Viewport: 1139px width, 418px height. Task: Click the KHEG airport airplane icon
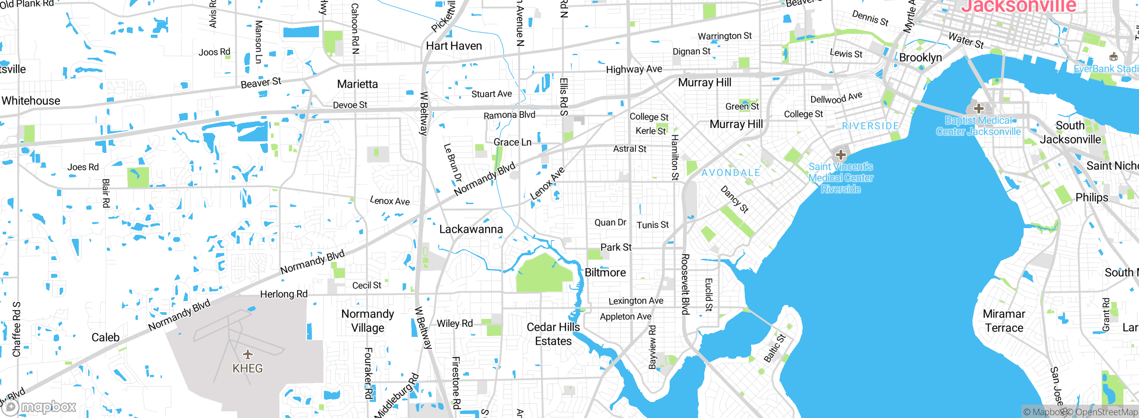pyautogui.click(x=248, y=354)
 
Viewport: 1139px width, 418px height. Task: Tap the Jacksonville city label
pyautogui.click(x=1018, y=6)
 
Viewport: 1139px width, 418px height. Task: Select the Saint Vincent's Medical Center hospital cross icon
pyautogui.click(x=840, y=155)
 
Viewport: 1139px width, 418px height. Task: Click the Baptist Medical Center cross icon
pyautogui.click(x=978, y=108)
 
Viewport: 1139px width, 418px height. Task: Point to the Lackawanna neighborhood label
pyautogui.click(x=471, y=229)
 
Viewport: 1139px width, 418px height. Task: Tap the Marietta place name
pyautogui.click(x=357, y=84)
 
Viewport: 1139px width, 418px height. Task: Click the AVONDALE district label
pyautogui.click(x=731, y=173)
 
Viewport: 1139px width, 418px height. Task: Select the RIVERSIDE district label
pyautogui.click(x=870, y=126)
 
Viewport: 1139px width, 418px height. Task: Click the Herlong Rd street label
pyautogui.click(x=283, y=294)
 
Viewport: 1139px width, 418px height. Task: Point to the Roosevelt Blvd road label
pyautogui.click(x=685, y=284)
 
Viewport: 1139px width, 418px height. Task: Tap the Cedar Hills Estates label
pyautogui.click(x=553, y=334)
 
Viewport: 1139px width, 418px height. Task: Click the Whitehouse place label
pyautogui.click(x=31, y=100)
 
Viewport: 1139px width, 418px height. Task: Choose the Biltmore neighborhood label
pyautogui.click(x=605, y=272)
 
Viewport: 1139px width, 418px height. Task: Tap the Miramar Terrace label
pyautogui.click(x=1004, y=321)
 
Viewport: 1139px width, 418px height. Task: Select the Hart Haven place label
pyautogui.click(x=454, y=46)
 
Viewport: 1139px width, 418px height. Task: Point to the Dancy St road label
pyautogui.click(x=735, y=199)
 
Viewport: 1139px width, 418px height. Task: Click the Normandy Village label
pyautogui.click(x=368, y=321)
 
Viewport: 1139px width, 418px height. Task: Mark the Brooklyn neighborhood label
pyautogui.click(x=921, y=57)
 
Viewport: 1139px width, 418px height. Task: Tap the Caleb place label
pyautogui.click(x=105, y=338)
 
